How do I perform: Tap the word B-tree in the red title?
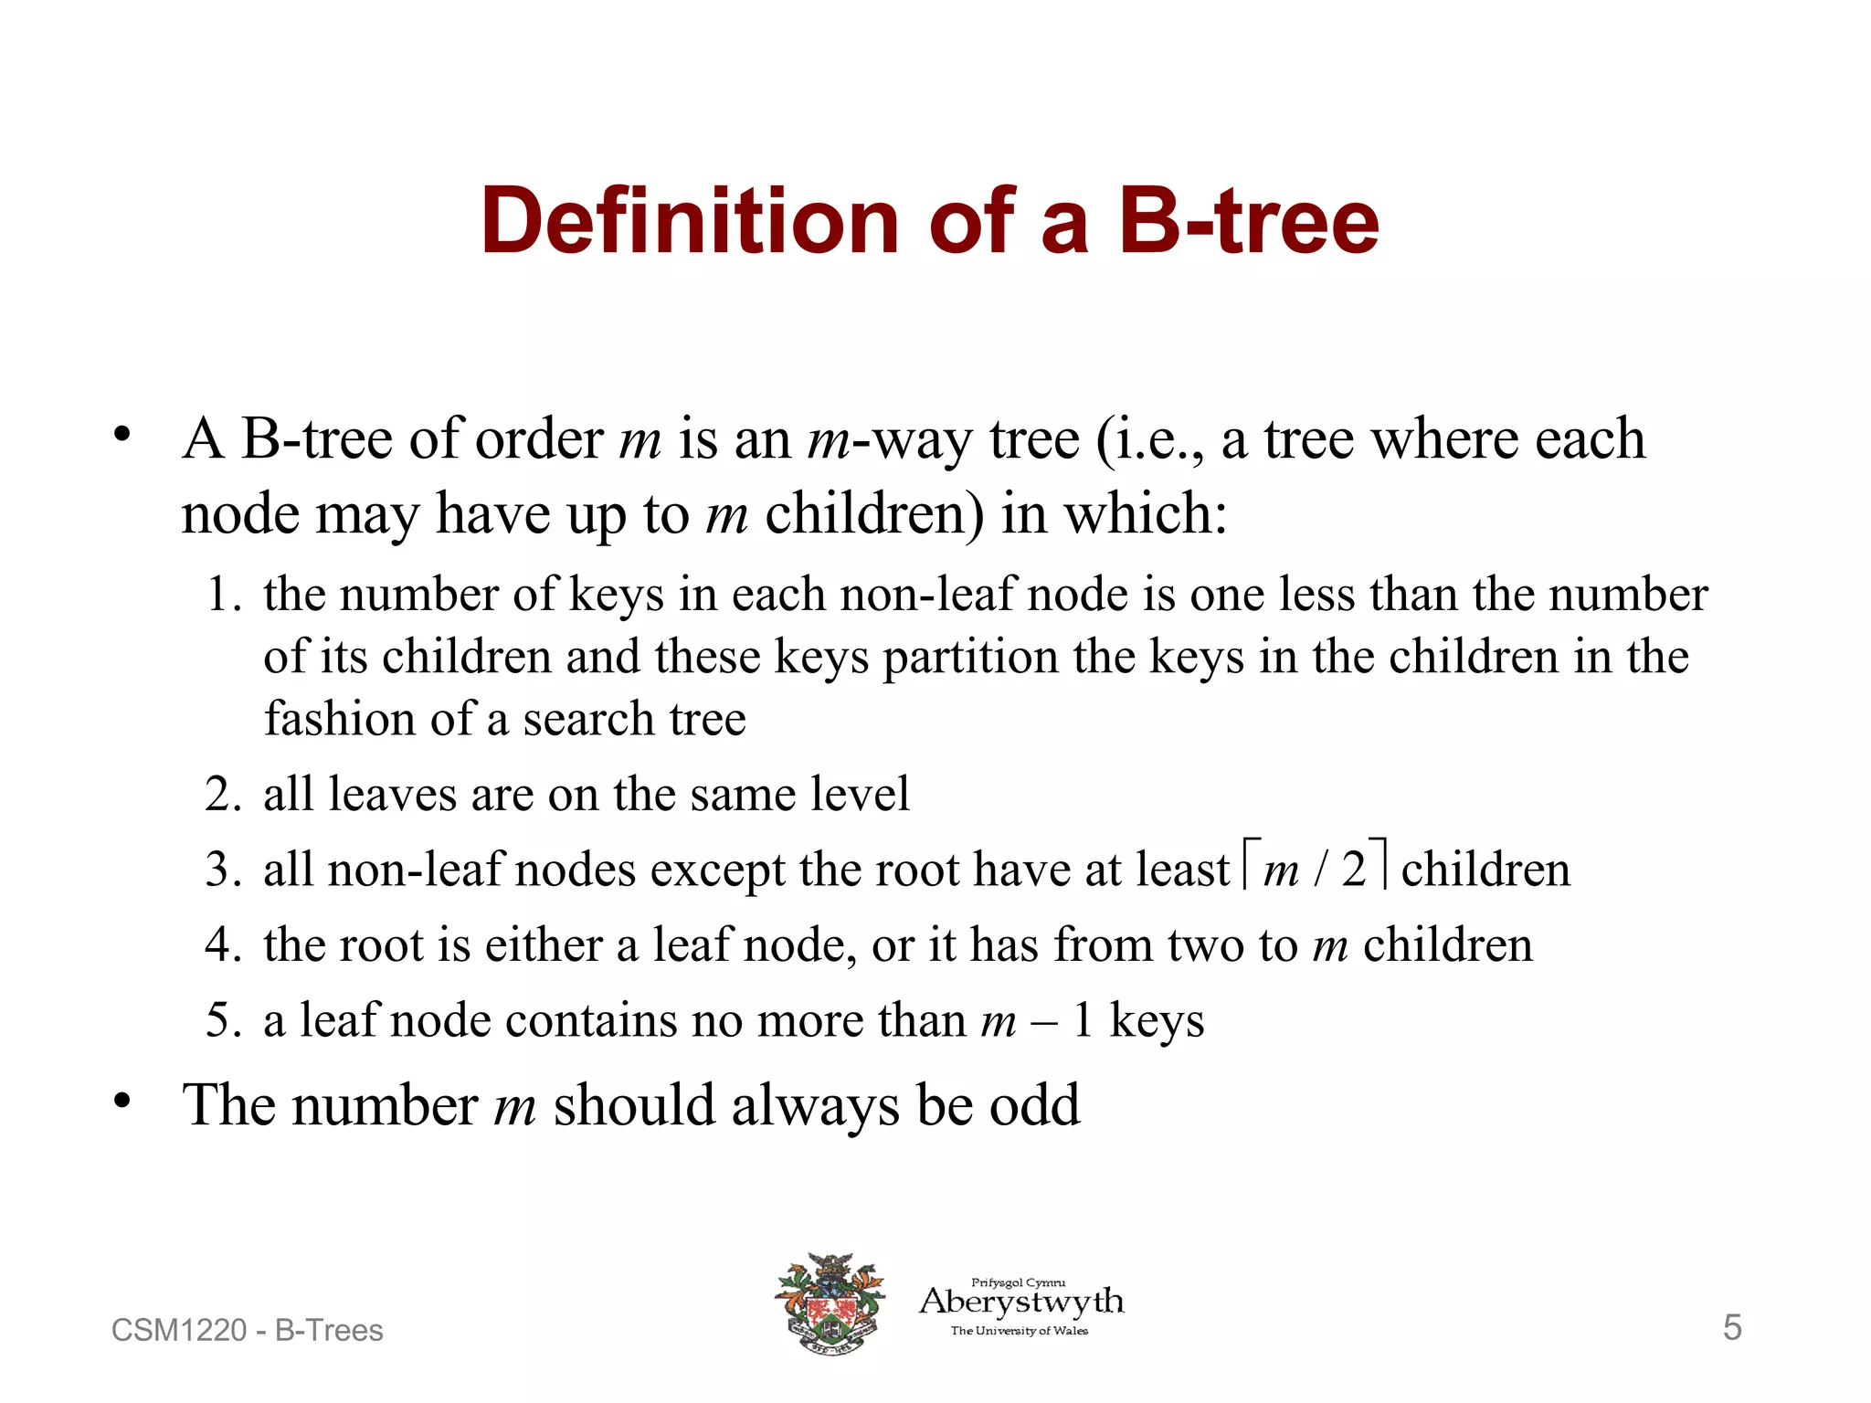tap(1249, 221)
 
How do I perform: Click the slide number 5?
tap(1732, 1327)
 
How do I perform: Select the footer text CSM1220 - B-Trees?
tap(247, 1330)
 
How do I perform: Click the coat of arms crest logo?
tap(830, 1303)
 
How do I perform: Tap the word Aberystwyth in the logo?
tap(1021, 1302)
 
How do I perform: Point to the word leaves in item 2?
tap(391, 794)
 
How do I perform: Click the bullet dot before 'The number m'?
tap(122, 1101)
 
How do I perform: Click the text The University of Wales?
tap(1020, 1331)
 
